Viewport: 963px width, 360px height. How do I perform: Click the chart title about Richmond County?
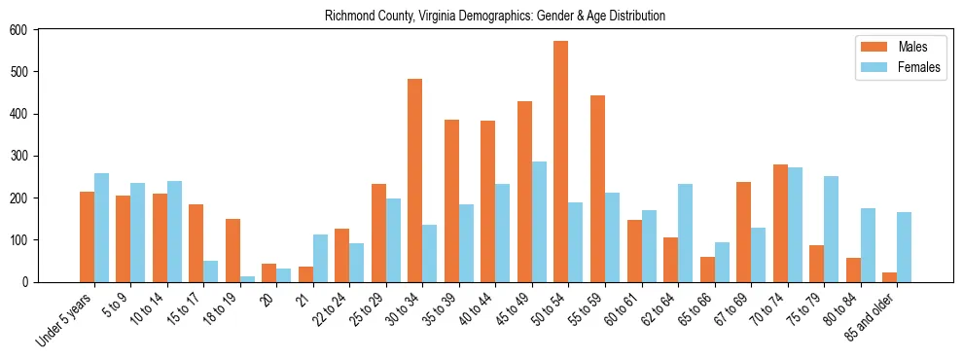point(495,16)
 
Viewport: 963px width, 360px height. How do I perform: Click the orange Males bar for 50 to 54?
point(561,162)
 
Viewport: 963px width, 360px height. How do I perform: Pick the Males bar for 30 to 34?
point(415,181)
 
